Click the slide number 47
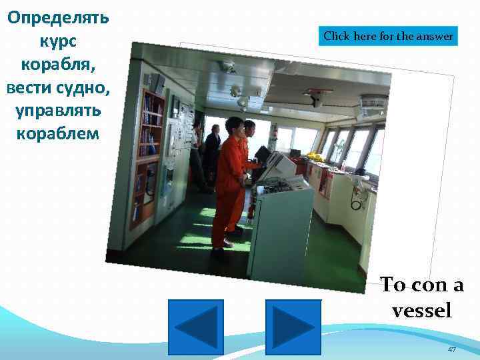coord(452,350)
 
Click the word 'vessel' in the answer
coord(422,311)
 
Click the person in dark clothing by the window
coord(213,150)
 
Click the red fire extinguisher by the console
coord(251,212)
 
